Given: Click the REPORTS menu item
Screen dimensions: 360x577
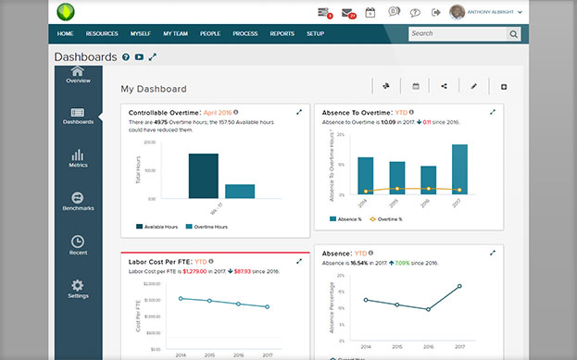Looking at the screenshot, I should (x=282, y=33).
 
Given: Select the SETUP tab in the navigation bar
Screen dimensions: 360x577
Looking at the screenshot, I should (x=315, y=33).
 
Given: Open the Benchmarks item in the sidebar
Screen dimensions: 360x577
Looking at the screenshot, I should (x=78, y=201).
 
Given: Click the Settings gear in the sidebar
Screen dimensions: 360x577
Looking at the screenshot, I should (x=78, y=289).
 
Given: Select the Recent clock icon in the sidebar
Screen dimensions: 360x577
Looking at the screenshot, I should (x=78, y=244).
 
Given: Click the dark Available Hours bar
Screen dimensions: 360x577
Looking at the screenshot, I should (x=203, y=176).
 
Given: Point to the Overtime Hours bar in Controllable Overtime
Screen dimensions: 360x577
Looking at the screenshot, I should (x=240, y=191).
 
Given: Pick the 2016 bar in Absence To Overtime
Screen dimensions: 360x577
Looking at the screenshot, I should (x=429, y=180).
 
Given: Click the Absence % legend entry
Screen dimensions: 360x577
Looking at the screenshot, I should (x=347, y=219).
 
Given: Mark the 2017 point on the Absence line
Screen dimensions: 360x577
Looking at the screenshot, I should (x=459, y=286).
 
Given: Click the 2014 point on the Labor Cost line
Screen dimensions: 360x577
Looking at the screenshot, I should (x=181, y=298).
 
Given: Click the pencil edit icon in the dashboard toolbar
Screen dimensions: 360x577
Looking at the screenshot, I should (x=473, y=86).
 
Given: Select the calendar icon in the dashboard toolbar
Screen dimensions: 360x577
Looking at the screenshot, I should (x=416, y=86).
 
